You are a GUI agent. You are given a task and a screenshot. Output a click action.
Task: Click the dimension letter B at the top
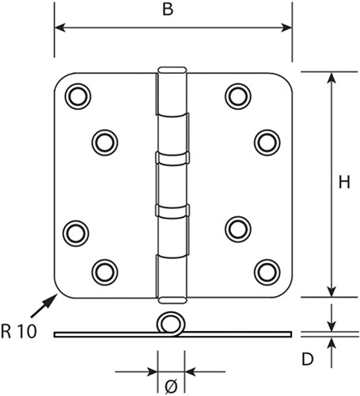click(167, 11)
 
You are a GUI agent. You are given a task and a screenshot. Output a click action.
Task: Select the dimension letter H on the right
click(344, 183)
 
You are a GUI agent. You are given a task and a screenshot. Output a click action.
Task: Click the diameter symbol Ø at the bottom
click(170, 386)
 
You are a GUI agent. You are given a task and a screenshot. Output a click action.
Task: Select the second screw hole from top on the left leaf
click(104, 142)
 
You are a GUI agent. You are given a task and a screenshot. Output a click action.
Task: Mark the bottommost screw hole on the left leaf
click(104, 272)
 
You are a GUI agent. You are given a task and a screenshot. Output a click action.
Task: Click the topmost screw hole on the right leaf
click(237, 96)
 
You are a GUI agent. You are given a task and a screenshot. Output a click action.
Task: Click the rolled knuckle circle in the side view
click(169, 325)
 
